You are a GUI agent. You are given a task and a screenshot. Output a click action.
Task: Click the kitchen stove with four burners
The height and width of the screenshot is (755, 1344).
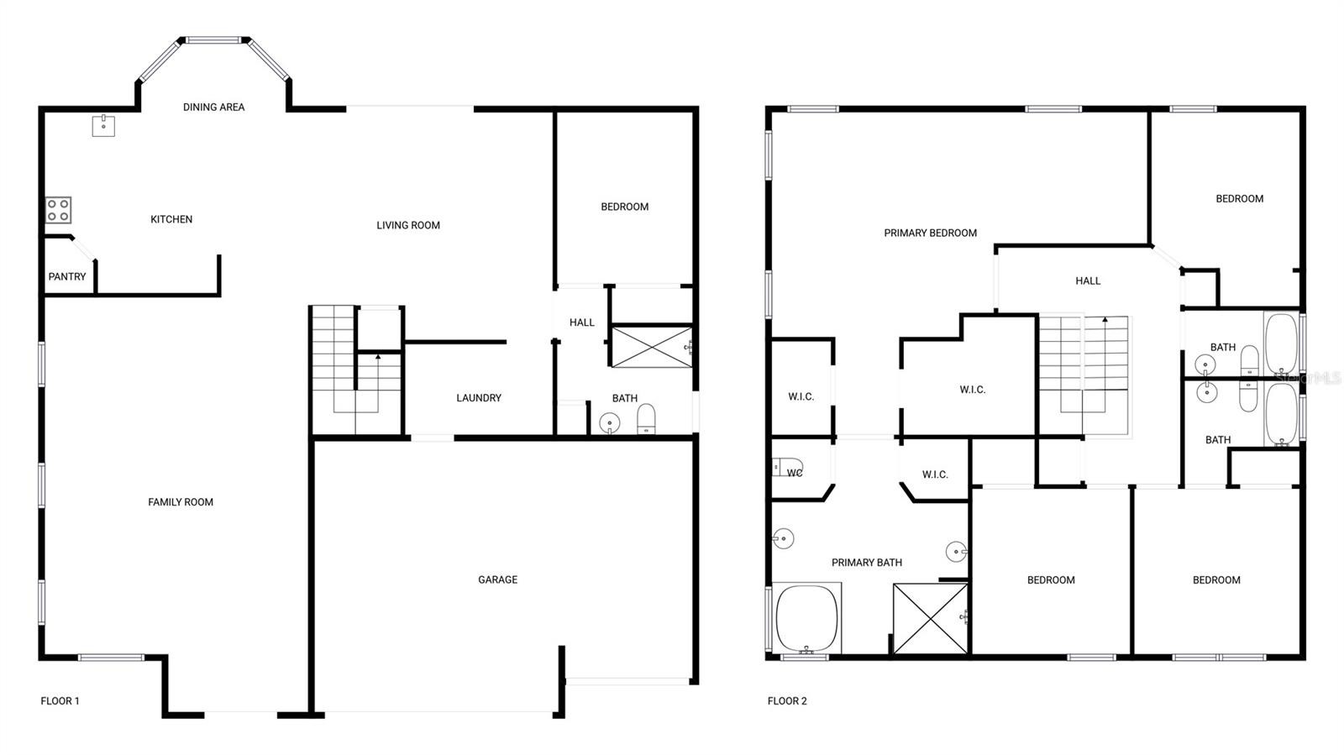click(x=59, y=210)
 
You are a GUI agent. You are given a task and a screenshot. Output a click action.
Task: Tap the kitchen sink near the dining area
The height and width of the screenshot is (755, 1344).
click(x=103, y=126)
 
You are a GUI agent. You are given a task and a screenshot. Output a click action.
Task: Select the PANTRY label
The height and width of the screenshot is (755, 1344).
click(x=67, y=276)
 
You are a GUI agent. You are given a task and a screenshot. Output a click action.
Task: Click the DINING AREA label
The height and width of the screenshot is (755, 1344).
click(x=213, y=107)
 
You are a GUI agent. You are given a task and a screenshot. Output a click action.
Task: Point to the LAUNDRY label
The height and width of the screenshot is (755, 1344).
click(x=479, y=397)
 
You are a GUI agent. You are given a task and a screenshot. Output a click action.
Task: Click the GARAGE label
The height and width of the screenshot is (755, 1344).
click(x=497, y=579)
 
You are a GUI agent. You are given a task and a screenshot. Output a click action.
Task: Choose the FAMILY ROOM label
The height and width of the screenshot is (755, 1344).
click(x=181, y=502)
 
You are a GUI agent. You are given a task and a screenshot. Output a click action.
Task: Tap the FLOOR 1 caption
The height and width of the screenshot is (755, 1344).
click(x=60, y=700)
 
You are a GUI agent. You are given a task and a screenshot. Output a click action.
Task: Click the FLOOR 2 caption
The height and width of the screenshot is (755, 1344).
click(x=787, y=700)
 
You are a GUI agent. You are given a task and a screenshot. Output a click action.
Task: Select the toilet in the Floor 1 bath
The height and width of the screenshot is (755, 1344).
click(x=646, y=418)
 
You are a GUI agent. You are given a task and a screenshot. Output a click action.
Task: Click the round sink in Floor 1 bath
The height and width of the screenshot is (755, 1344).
click(x=610, y=423)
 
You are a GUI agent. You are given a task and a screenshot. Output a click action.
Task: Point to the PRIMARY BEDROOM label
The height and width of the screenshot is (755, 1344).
click(x=930, y=233)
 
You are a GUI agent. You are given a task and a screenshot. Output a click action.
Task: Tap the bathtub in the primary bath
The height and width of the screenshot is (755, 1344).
click(x=806, y=618)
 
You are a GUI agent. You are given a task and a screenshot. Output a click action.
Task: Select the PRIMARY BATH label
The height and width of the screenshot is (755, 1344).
click(x=866, y=563)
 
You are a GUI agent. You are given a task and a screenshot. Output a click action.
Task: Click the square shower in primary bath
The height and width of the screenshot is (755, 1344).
click(x=931, y=618)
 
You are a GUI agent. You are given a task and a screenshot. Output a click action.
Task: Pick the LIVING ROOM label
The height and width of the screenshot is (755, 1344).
click(x=408, y=225)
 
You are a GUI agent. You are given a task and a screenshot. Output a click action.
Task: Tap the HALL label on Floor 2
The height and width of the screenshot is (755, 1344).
click(x=1088, y=281)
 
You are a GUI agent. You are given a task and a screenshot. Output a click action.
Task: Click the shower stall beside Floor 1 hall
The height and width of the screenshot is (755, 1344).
click(x=652, y=347)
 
